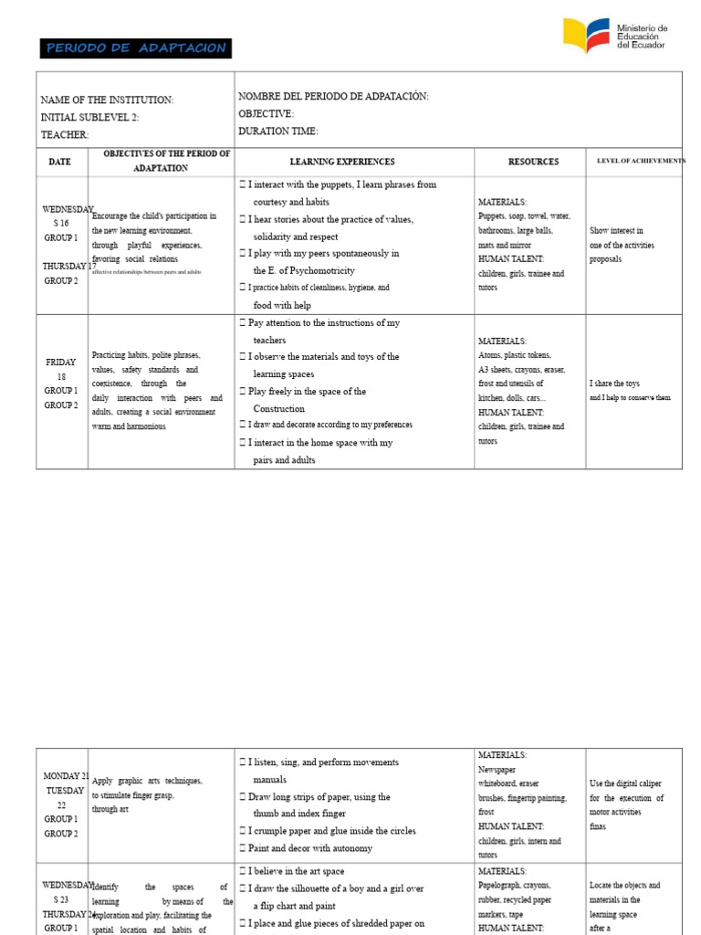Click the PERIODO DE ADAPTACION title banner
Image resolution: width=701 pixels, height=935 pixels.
[x=135, y=48]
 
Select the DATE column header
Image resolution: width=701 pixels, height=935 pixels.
[x=61, y=162]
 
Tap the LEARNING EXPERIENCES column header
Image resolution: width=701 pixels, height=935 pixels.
[x=342, y=162]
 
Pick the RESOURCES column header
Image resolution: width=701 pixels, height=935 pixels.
[x=533, y=162]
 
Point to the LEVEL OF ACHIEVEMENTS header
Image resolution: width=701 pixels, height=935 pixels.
[x=640, y=161]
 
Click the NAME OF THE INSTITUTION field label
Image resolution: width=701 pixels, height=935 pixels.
[x=107, y=100]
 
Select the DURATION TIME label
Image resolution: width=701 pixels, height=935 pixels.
[x=277, y=131]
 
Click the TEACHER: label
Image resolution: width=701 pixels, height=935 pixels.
[x=65, y=135]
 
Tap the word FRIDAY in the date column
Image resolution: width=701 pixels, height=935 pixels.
[x=61, y=362]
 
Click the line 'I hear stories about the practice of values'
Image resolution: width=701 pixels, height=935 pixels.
[x=330, y=219]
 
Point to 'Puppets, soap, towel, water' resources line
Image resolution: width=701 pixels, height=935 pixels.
[x=524, y=216]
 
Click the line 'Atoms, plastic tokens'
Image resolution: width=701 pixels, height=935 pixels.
[x=515, y=355]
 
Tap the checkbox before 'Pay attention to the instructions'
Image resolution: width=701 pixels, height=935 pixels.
[x=242, y=323]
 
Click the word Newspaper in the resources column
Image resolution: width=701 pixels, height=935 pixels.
[x=497, y=770]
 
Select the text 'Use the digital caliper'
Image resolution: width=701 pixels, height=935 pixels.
[x=625, y=783]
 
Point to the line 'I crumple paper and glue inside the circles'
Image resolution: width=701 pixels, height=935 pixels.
[x=331, y=831]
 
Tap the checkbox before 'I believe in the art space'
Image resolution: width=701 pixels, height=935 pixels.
[x=242, y=870]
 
